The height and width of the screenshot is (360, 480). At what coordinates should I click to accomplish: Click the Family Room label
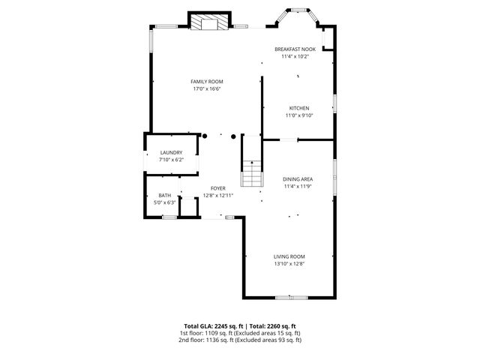pos(206,82)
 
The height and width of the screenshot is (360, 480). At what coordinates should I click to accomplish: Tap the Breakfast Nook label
pos(295,49)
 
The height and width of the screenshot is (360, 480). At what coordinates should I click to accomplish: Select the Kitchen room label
pos(298,108)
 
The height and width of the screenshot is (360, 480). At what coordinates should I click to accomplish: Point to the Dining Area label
pos(298,178)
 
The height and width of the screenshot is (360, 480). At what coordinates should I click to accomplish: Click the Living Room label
pos(289,256)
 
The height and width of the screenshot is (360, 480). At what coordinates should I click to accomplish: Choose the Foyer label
pos(217,188)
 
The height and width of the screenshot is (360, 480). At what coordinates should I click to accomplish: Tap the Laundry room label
pos(171,153)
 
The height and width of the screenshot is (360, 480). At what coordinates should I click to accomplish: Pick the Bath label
pos(164,195)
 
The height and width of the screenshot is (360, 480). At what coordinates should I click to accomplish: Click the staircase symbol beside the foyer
pos(252,174)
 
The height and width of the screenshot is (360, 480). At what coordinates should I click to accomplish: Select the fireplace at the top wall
pos(206,23)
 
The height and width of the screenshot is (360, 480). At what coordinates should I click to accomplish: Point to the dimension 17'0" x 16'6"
pos(206,89)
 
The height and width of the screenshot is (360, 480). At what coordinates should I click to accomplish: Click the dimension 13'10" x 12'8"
pos(289,263)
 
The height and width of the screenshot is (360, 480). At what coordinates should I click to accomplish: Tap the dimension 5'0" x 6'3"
pos(164,202)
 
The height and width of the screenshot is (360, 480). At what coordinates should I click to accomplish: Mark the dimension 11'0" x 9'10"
pos(298,115)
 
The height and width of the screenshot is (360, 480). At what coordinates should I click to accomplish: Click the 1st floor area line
pos(239,333)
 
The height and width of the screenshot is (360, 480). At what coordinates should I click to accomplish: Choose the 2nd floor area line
pos(239,340)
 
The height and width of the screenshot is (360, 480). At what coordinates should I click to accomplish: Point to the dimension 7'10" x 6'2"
pos(171,160)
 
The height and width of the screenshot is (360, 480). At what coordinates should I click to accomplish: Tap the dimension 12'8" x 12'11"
pos(217,196)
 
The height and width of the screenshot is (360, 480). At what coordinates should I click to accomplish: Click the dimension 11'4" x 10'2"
pos(295,56)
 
